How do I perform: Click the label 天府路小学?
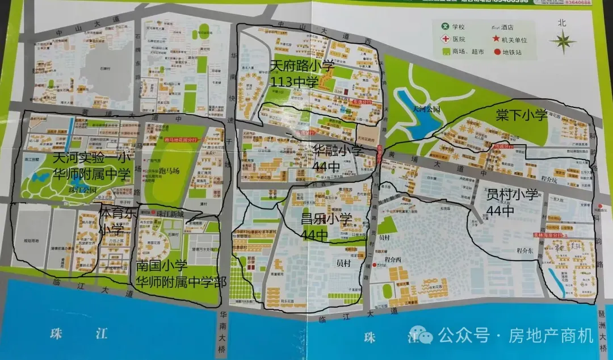[x=302, y=66]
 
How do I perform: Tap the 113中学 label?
[x=295, y=82]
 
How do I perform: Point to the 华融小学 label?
[x=338, y=150]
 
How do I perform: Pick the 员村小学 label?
[x=512, y=195]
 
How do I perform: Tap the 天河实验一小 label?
[x=91, y=158]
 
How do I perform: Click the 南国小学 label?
[x=161, y=265]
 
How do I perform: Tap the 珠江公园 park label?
[x=81, y=190]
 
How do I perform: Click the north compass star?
[x=562, y=41]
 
